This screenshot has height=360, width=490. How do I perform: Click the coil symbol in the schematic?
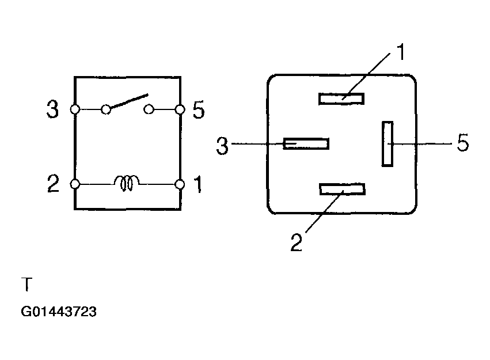tap(127, 183)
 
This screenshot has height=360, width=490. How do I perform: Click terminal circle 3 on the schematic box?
tap(75, 109)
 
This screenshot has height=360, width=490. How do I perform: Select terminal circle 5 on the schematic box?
tap(180, 109)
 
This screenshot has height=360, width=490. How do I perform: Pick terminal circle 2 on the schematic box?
tap(75, 184)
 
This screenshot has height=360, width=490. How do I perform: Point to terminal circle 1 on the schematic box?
tap(180, 184)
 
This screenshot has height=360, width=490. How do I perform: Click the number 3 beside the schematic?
tap(52, 109)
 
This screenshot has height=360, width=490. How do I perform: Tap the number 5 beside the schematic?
tap(199, 109)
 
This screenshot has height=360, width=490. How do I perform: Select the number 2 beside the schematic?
tap(53, 183)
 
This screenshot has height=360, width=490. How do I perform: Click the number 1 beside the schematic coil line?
tap(198, 184)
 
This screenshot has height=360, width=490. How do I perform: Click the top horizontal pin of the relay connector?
tap(341, 98)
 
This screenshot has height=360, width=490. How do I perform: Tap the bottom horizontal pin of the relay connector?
tap(342, 190)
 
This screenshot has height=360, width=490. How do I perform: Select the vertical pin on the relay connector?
tap(388, 144)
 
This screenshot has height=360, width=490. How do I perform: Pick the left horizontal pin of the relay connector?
tap(306, 144)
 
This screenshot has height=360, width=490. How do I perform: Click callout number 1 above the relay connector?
tap(401, 52)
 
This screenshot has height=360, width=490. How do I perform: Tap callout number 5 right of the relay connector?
tap(463, 143)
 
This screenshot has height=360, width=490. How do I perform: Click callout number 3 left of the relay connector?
tap(222, 146)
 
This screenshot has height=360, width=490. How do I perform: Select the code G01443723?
tap(59, 312)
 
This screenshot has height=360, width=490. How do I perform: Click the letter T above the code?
tap(27, 284)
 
